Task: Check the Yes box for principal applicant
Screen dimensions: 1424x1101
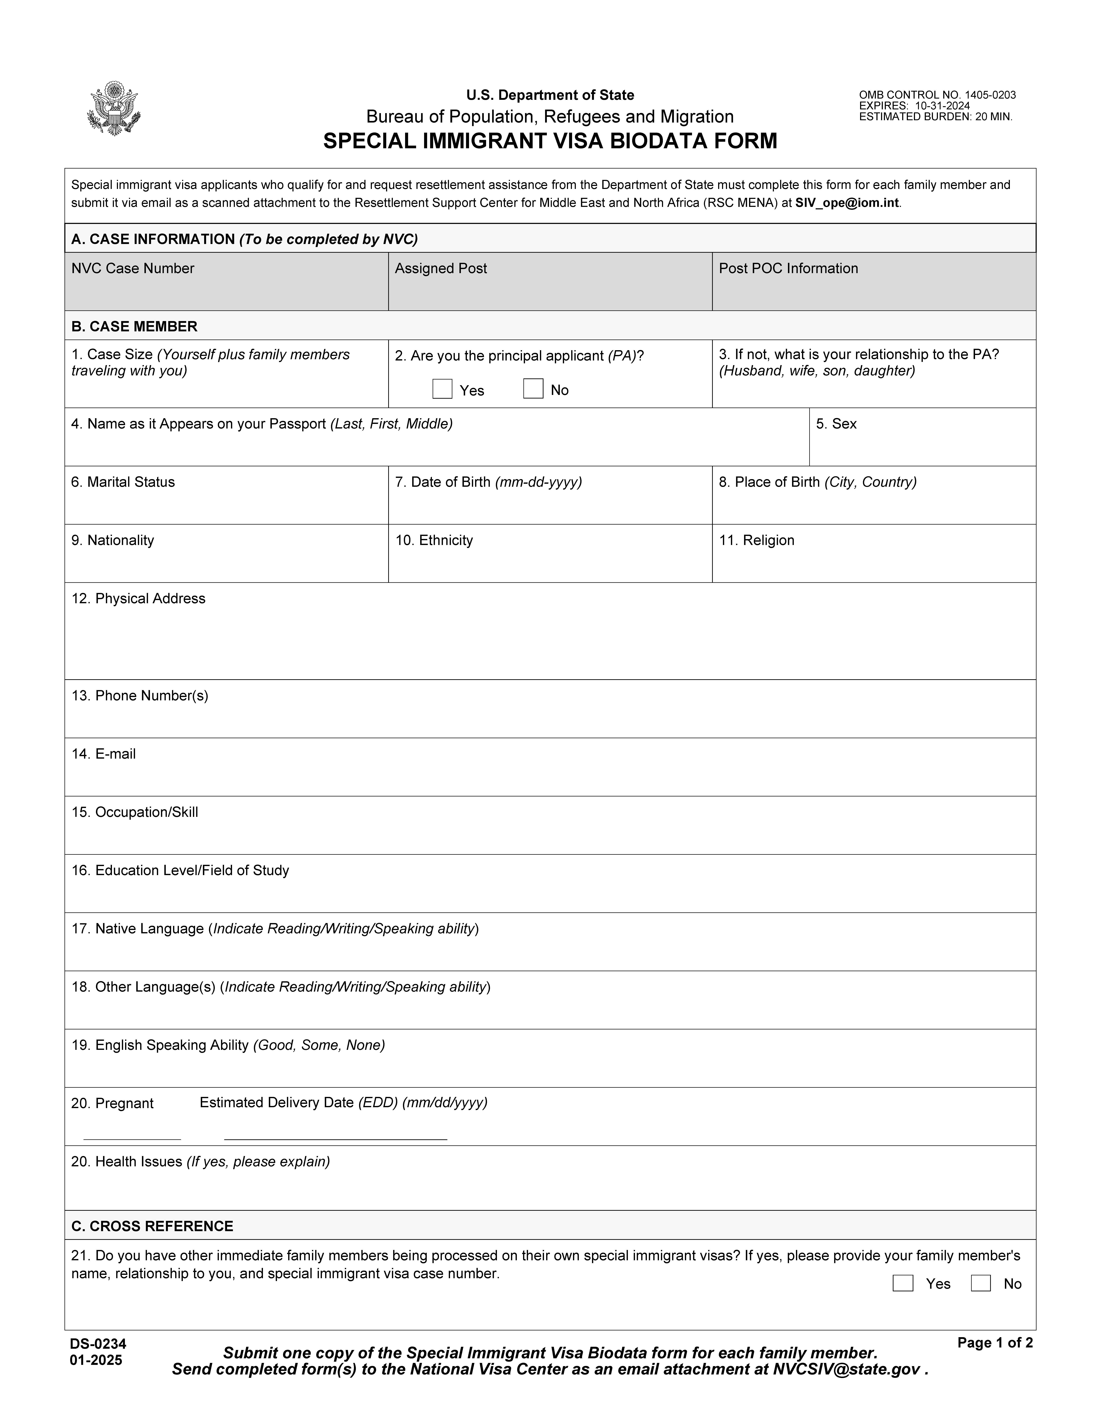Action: pos(442,389)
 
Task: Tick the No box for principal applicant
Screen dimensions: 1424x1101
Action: pos(533,389)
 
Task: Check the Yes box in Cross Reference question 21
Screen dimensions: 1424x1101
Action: pos(903,1283)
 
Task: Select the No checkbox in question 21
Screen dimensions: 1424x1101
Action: pos(980,1283)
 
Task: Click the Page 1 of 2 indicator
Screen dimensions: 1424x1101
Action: pos(995,1342)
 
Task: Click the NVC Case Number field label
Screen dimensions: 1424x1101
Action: pos(133,269)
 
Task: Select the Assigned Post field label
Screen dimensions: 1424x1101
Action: pos(441,269)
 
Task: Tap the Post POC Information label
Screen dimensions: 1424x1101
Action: pos(788,269)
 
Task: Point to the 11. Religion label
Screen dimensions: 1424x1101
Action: pos(757,541)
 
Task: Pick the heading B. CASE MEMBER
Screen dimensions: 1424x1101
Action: pos(134,326)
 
